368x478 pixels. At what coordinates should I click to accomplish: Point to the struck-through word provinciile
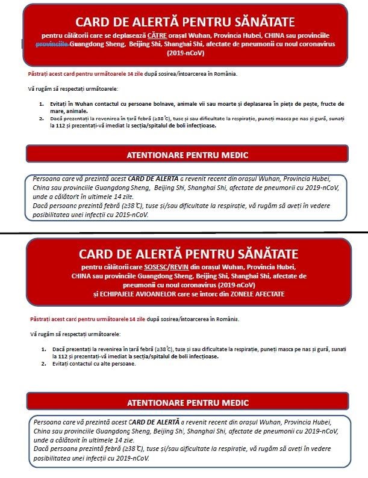pyautogui.click(x=52, y=44)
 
